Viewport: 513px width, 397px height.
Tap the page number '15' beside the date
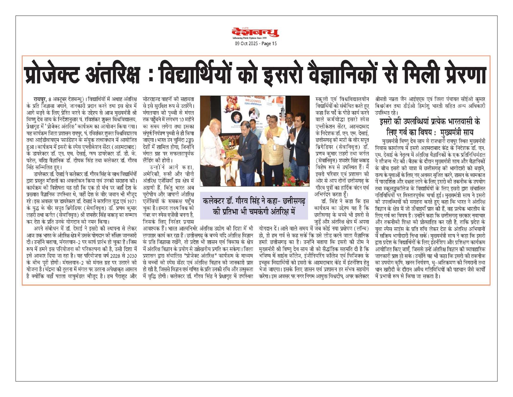point(274,44)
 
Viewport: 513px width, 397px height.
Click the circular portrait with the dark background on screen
point(237,117)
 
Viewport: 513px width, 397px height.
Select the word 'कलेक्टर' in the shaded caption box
point(214,201)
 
